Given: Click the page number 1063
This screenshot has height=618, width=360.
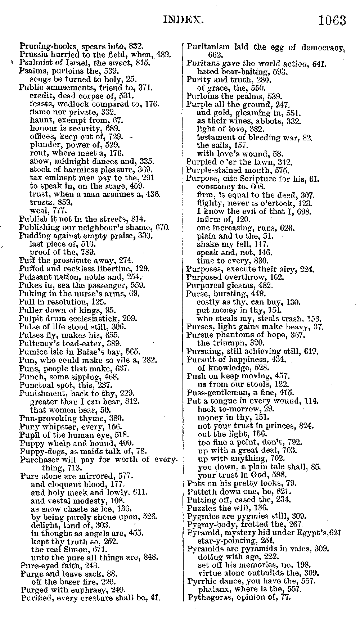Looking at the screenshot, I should (332, 21).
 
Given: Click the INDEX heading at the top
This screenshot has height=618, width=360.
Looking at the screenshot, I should (184, 19).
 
